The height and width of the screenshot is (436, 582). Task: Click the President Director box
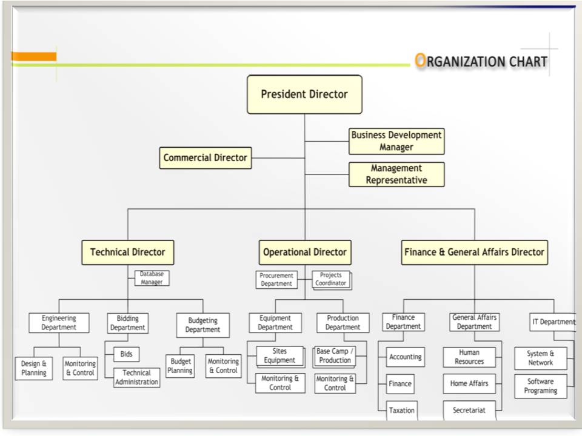click(304, 94)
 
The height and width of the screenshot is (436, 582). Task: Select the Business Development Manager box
click(396, 141)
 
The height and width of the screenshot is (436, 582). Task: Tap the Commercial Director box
click(206, 158)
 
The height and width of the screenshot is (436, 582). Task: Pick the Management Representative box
click(396, 174)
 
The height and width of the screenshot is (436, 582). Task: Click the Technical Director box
click(127, 253)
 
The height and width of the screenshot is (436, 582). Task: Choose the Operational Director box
click(305, 253)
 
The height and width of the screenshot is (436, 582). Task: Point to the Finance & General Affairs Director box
click(474, 253)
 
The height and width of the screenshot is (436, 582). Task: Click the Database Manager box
click(152, 278)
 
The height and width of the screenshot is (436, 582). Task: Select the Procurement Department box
click(276, 280)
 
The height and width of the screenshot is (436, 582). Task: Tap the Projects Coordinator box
click(331, 279)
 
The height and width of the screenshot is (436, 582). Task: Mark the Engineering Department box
click(59, 323)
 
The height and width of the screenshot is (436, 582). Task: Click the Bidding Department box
click(128, 323)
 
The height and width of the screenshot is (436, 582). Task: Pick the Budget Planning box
click(180, 366)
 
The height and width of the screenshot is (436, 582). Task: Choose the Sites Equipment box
click(279, 356)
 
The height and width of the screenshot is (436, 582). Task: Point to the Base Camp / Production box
click(335, 356)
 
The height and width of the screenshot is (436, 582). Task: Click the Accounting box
click(405, 357)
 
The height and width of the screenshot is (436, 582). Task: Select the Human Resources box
click(469, 357)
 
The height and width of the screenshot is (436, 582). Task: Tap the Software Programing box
click(540, 386)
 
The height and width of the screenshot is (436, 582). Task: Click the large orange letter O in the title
click(420, 61)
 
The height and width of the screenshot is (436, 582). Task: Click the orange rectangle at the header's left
click(34, 56)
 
